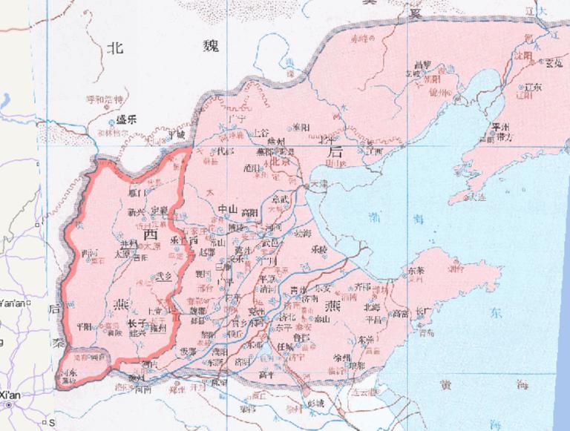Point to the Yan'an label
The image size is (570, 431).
coord(12,303)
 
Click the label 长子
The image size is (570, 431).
coord(135,323)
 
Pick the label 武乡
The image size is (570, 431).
coord(163,277)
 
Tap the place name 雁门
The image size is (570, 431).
coord(137,193)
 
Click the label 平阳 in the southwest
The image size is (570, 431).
coord(84,326)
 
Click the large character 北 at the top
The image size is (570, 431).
coord(114,48)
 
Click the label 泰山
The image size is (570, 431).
coord(321,319)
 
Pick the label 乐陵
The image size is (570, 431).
coord(319,249)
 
